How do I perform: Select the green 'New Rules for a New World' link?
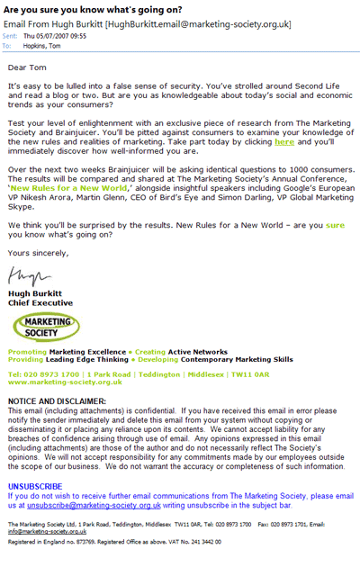pyautogui.click(x=72, y=186)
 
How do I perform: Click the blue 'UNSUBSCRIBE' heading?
pyautogui.click(x=35, y=486)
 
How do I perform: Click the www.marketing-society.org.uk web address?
pyautogui.click(x=59, y=382)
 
